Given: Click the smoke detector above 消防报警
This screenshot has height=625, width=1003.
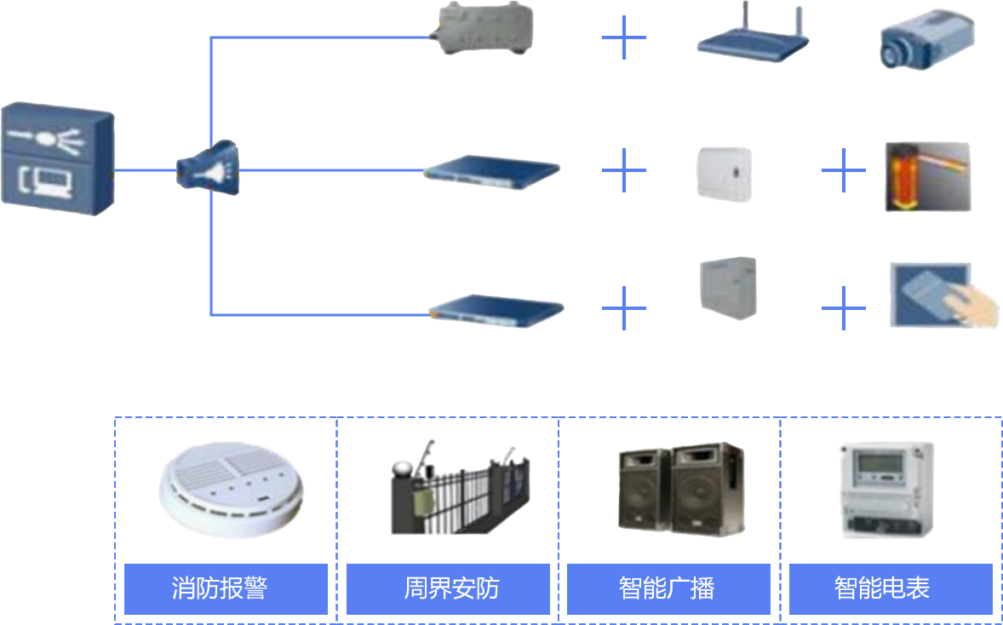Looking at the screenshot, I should [x=230, y=490].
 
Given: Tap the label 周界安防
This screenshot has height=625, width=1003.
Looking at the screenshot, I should [x=451, y=588].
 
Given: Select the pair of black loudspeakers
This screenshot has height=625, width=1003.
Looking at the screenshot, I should [x=681, y=489].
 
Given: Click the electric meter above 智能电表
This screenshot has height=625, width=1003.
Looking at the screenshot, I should [x=886, y=490].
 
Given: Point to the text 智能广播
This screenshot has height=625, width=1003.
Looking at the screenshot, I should [x=667, y=588].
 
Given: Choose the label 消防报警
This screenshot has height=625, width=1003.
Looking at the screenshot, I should [x=220, y=588].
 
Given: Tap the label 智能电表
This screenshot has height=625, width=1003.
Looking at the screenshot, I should [x=882, y=588].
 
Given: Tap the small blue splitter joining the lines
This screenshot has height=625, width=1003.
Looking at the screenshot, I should [x=207, y=168].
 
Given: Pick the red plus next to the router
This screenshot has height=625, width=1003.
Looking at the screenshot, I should [x=623, y=37].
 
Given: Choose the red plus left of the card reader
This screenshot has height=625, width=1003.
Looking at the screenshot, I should [x=838, y=307].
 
